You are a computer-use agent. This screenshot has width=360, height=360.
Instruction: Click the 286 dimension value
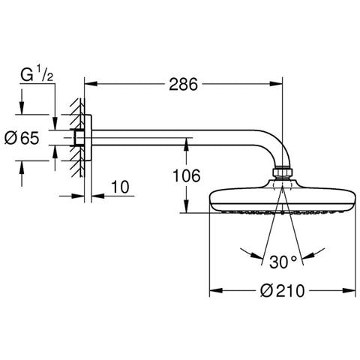[183, 84]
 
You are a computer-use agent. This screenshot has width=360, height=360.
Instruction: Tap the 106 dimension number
[187, 175]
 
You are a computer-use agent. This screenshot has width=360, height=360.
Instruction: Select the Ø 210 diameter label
[283, 291]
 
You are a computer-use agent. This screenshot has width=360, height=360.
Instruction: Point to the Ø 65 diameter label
[22, 138]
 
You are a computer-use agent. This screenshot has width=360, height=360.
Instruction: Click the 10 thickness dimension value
[120, 187]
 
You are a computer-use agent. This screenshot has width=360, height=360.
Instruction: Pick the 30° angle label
[283, 262]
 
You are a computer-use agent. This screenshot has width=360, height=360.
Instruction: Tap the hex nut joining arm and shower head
[282, 172]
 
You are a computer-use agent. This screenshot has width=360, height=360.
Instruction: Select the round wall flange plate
[88, 138]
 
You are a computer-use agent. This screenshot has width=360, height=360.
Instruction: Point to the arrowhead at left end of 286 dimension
[91, 84]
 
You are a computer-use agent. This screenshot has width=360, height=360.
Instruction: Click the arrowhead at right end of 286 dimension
[276, 84]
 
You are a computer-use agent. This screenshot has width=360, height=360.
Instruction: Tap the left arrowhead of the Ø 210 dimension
[216, 290]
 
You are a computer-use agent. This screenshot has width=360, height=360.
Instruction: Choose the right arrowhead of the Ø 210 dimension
[349, 290]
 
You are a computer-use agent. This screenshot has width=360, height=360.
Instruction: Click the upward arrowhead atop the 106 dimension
[186, 144]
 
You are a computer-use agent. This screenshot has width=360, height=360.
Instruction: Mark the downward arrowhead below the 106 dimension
[186, 206]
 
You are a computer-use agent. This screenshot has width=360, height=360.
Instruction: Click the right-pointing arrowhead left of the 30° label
[257, 255]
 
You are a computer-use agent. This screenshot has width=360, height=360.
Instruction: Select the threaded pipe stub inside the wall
[78, 138]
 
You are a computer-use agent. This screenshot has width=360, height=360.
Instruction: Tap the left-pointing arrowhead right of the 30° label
[308, 255]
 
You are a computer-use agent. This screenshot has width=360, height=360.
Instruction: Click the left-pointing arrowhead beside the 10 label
[97, 196]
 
